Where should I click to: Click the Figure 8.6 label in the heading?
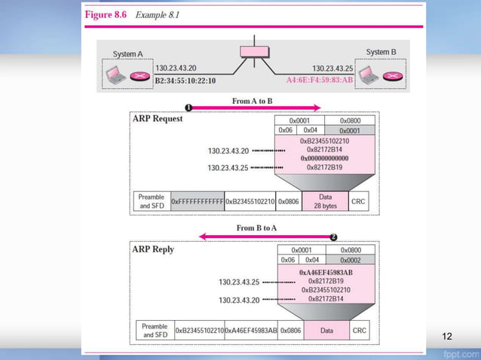pos(107,15)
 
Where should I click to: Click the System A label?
pos(128,54)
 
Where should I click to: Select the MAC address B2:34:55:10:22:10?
pos(185,80)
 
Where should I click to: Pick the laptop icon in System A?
pos(115,75)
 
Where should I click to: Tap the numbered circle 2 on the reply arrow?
pos(333,236)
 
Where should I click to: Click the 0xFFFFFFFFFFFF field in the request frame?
pos(198,202)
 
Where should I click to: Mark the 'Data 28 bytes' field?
pos(325,202)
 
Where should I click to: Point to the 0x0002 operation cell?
pos(350,260)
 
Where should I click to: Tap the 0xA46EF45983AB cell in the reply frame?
pos(251,330)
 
